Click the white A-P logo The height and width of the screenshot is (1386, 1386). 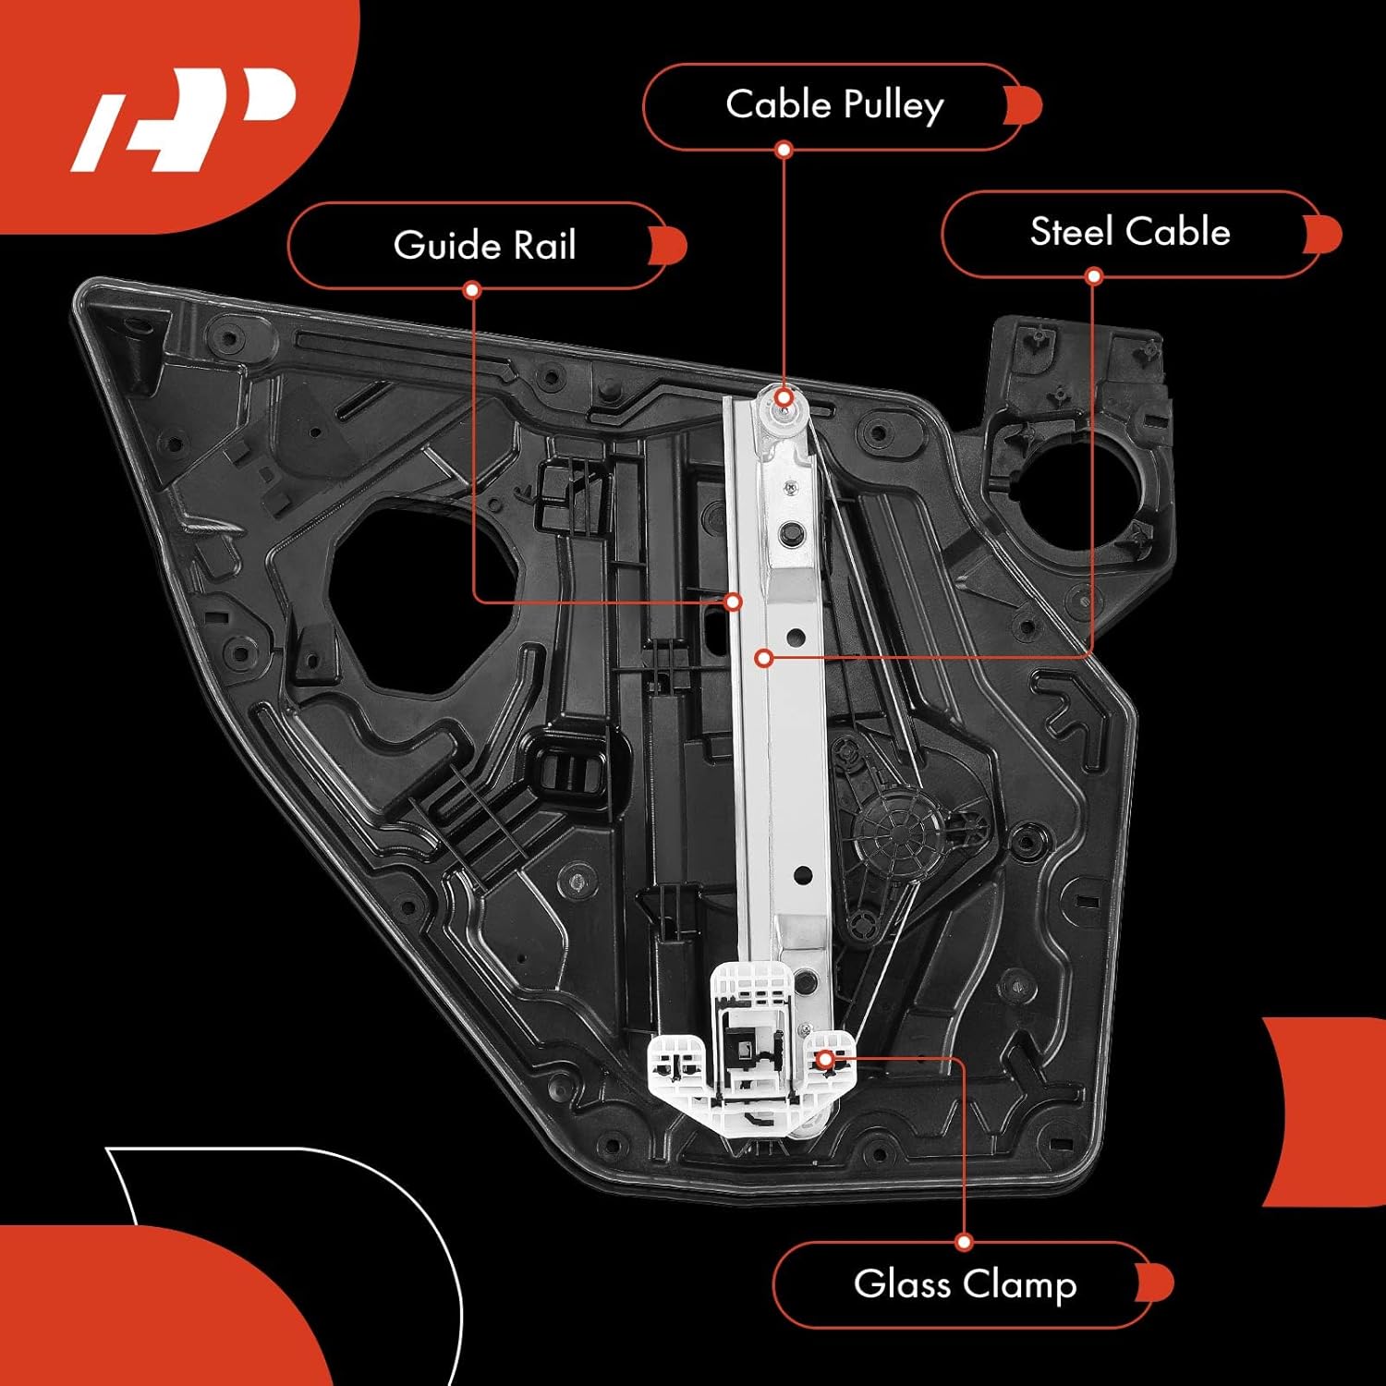(x=185, y=120)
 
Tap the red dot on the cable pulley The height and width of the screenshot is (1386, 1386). (x=784, y=398)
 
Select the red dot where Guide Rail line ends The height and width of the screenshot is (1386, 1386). (x=734, y=602)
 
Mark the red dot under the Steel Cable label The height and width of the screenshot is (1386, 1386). (x=1094, y=276)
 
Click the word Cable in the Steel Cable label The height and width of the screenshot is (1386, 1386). (x=1185, y=232)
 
